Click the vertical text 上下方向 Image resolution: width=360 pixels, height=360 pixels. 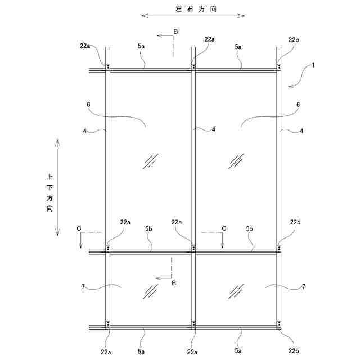point(49,192)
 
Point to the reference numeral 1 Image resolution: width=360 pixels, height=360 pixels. point(313,65)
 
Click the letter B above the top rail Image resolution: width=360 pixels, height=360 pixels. point(175,33)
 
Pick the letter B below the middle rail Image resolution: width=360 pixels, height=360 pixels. point(174,283)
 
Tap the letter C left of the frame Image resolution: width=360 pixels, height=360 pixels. point(79,228)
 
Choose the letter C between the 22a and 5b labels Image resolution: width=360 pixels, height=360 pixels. point(223,228)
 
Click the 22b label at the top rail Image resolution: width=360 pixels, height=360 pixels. point(294,39)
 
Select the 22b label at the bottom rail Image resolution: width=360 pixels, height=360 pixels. point(294,352)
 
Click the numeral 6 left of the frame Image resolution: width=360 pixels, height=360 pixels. point(88,104)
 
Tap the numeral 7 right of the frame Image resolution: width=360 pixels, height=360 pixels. point(304,286)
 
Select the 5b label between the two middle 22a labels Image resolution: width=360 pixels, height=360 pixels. point(149,228)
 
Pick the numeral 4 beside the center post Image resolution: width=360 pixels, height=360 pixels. point(214,129)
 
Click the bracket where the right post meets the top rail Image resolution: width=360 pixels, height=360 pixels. point(279,67)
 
